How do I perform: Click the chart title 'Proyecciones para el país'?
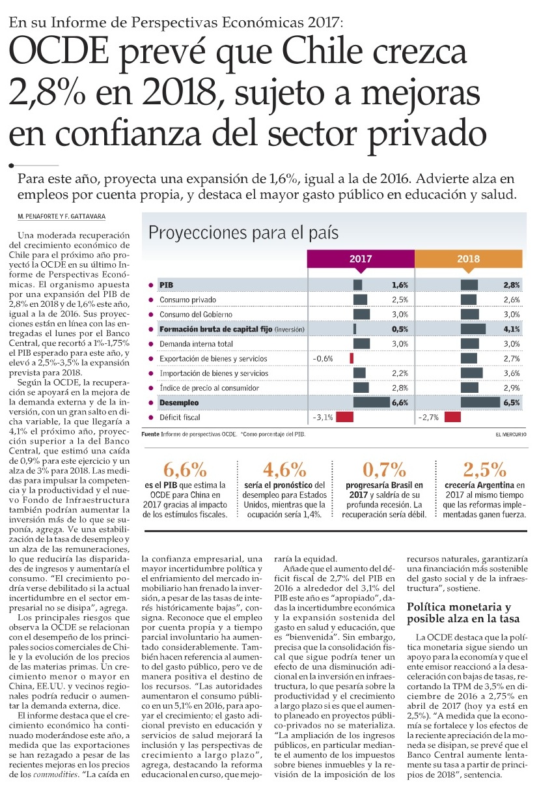point(243,233)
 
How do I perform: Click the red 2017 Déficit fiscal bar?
point(344,416)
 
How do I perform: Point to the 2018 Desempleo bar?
point(488,403)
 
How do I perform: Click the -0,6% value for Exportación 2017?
point(323,358)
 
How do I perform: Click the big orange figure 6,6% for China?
point(186,470)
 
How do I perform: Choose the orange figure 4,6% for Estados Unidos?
point(284,470)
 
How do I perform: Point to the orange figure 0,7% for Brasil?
point(384,470)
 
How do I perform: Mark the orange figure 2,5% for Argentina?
point(484,470)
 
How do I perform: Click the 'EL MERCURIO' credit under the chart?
point(510,434)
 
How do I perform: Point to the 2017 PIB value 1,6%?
point(400,285)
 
